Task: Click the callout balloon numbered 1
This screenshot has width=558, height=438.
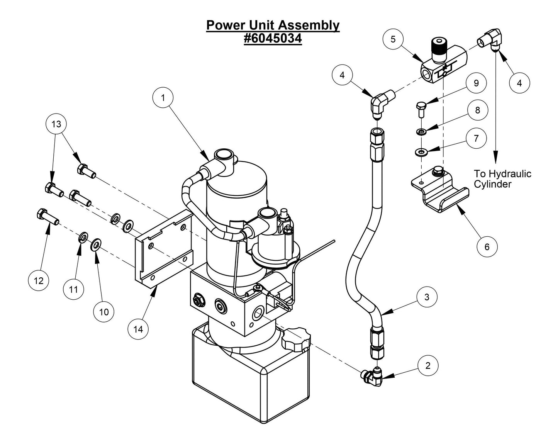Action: tap(163, 98)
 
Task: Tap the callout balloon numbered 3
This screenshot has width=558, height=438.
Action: tap(427, 297)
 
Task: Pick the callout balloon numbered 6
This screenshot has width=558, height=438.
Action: tap(487, 246)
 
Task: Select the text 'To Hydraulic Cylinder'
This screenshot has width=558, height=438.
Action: tap(502, 179)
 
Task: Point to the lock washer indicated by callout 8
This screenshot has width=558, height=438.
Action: tap(421, 132)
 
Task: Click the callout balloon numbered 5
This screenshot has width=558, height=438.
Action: tap(393, 39)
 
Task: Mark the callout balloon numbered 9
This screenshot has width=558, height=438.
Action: tap(476, 83)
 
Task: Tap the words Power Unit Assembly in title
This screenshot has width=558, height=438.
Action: tap(273, 25)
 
